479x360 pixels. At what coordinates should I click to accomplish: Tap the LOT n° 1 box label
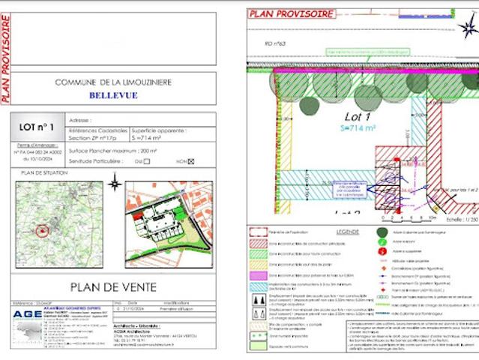point(36,127)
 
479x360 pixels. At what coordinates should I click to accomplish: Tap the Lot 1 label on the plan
point(358,117)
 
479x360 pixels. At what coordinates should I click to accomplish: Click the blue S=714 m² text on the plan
point(358,129)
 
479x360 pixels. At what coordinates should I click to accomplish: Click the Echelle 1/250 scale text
point(459,220)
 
